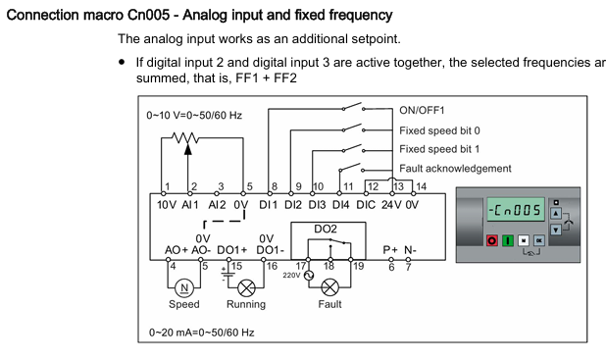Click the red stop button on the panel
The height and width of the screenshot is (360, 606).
coord(492,241)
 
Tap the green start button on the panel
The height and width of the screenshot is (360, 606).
coord(507,241)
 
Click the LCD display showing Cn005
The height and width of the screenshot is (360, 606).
coord(516,210)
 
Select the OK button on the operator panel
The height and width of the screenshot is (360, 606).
coord(538,241)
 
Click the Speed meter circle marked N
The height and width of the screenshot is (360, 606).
coord(184,287)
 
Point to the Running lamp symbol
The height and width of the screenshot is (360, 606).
coord(246,288)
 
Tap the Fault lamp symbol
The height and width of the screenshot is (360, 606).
coord(329,287)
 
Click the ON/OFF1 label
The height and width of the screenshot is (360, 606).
coord(422,111)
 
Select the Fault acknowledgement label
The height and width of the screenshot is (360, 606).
coord(455,169)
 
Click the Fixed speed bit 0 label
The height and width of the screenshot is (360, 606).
coord(439,130)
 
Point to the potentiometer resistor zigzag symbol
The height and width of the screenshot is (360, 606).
coord(185,137)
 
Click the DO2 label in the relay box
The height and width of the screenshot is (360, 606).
coord(326,229)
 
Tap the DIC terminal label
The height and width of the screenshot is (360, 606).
coord(366,205)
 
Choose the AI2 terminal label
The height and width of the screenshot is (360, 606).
coord(217,205)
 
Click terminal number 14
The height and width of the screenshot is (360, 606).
coord(422,186)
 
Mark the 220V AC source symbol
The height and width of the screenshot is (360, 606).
coord(309,276)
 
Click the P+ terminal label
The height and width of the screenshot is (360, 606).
coord(390,250)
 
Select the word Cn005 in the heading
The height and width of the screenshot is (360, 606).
coord(148,15)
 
